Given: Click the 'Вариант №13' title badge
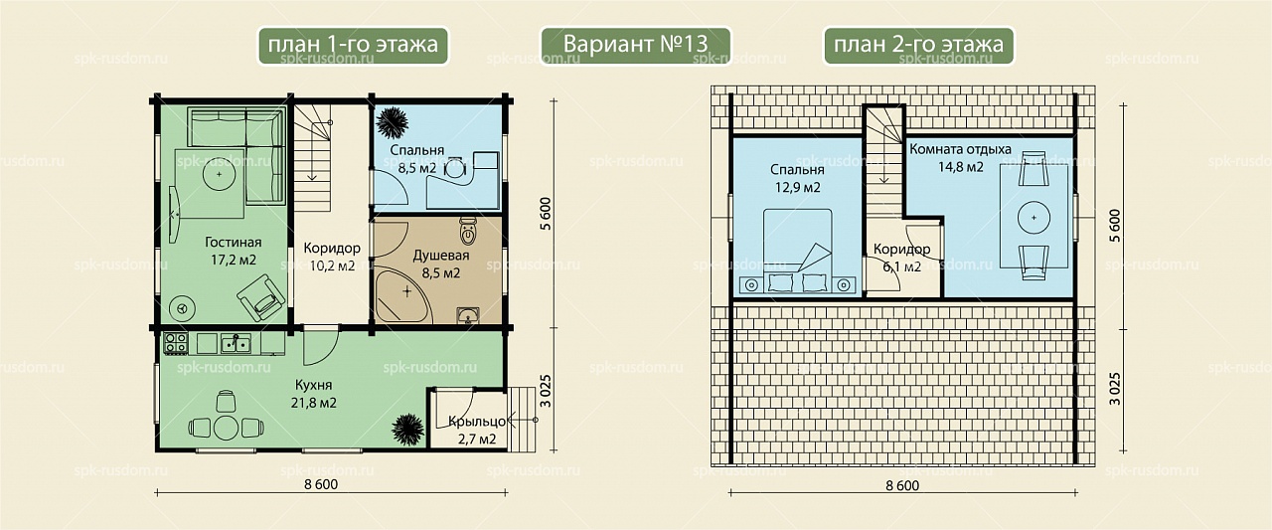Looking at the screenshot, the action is [x=635, y=46].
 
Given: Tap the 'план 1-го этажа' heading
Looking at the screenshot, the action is [x=353, y=46].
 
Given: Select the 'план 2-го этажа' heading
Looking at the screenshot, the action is [x=918, y=46].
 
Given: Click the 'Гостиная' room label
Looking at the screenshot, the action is [x=233, y=243].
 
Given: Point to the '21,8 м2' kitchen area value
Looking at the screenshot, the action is [x=313, y=403].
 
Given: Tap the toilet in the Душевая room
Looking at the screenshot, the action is [x=468, y=231].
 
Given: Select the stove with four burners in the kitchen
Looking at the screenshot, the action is [x=176, y=343].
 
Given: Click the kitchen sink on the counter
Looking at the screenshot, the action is [x=236, y=343].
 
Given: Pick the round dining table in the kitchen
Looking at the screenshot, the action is [x=226, y=428].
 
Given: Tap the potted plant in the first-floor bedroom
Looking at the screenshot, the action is [x=392, y=122].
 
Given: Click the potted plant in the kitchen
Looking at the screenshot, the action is [x=407, y=430].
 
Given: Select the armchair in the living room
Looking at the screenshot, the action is [x=261, y=297].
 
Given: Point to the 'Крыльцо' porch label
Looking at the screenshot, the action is [x=476, y=422].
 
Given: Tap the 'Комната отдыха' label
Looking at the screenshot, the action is [x=960, y=149].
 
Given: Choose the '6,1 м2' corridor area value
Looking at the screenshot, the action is [x=901, y=266].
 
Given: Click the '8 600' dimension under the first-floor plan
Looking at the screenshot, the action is [x=321, y=484].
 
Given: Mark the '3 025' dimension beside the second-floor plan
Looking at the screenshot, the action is [x=1115, y=389].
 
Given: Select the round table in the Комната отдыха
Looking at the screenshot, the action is [x=1033, y=218].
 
